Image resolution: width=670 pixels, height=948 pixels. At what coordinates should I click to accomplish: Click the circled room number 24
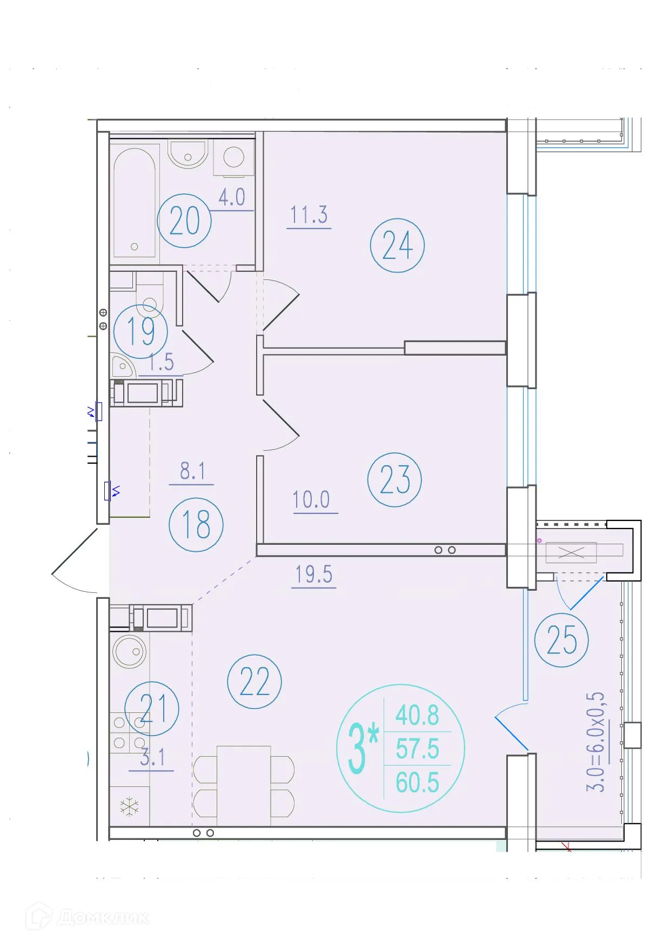point(397,245)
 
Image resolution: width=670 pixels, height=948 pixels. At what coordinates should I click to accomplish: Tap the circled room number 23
point(394,480)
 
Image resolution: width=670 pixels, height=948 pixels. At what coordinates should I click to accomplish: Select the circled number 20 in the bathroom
point(184,221)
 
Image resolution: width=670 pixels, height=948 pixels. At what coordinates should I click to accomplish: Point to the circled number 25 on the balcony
point(561,640)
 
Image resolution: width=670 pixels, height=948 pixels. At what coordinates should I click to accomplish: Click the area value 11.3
point(309,215)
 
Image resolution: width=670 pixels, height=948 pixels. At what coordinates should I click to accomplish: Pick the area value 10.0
point(311,500)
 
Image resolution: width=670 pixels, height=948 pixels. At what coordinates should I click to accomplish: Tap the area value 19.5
point(314,575)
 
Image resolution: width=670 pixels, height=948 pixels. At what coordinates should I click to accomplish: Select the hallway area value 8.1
point(192,471)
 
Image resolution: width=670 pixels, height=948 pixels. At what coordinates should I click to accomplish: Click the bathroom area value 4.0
point(232,198)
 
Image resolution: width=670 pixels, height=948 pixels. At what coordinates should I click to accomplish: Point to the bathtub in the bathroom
point(135,203)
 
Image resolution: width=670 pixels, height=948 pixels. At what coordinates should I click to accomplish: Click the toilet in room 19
point(149,303)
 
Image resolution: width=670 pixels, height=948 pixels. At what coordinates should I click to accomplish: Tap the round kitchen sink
point(130,651)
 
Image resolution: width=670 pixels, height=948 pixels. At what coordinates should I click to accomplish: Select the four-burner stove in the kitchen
point(129,733)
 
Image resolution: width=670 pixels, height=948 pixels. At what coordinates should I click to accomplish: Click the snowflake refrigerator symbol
point(130,807)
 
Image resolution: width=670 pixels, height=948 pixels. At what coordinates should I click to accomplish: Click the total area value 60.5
point(417,783)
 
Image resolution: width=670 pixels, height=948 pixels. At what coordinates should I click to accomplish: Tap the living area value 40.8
point(417,716)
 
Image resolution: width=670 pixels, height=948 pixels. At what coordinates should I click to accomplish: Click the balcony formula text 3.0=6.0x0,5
point(596,742)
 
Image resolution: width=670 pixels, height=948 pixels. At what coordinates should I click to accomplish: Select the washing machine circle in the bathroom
point(234,157)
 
